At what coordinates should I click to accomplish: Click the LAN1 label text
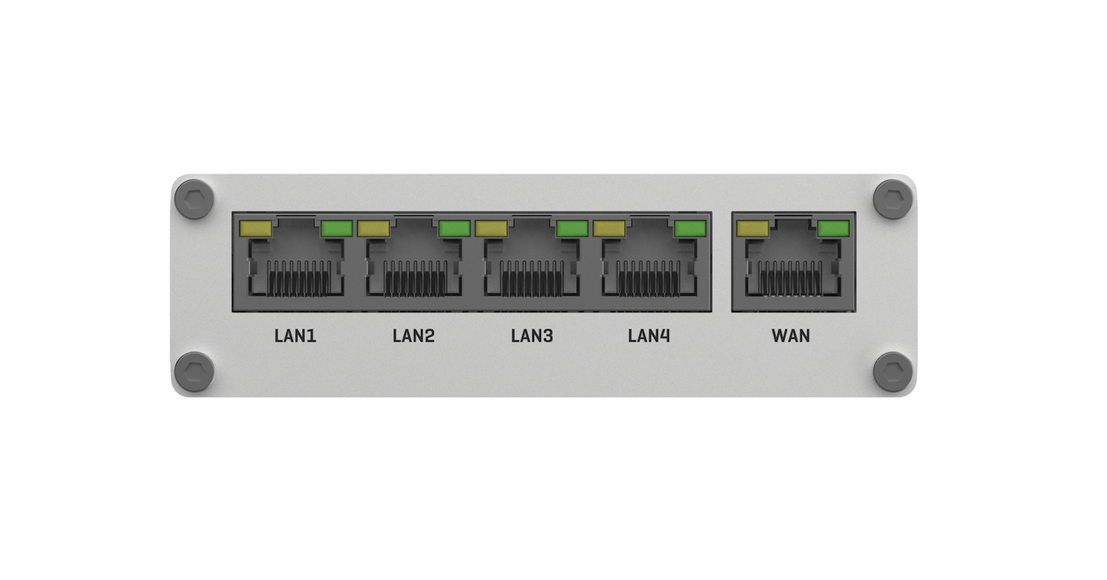coord(295,336)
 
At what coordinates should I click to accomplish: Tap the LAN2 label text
coord(414,336)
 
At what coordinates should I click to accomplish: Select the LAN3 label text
coord(531,336)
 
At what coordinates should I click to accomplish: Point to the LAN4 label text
coord(649,336)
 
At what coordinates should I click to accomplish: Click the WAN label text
coord(791,336)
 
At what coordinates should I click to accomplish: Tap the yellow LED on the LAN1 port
coord(255,229)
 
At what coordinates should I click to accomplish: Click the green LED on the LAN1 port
coord(336,229)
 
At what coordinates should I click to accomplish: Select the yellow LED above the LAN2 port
coord(373,229)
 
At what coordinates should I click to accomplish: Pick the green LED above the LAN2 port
coord(454,229)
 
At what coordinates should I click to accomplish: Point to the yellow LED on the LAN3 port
coord(491,229)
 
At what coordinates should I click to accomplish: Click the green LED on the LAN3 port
coord(572,229)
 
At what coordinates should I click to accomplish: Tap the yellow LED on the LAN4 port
coord(609,229)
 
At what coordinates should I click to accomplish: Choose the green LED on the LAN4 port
coord(690,229)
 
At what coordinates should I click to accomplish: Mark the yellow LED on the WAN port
coord(752,229)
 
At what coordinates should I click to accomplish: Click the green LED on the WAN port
coord(833,229)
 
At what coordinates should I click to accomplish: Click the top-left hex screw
coord(195,199)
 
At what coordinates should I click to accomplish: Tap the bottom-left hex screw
coord(195,372)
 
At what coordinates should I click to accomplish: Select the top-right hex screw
coord(893,199)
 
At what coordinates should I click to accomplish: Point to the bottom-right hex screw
coord(893,372)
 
